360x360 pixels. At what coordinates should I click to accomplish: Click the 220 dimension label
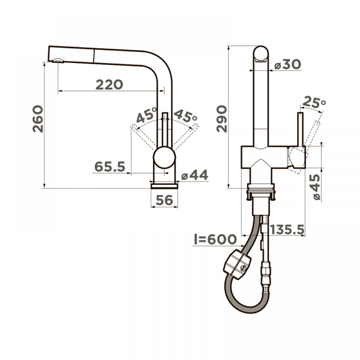pyautogui.click(x=109, y=85)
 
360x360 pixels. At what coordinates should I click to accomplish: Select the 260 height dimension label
pyautogui.click(x=38, y=119)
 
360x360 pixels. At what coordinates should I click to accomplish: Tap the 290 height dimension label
pyautogui.click(x=222, y=119)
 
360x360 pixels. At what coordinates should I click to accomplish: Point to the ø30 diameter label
pyautogui.click(x=288, y=64)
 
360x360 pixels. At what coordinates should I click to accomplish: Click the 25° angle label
pyautogui.click(x=314, y=103)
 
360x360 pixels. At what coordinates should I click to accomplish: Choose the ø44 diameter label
pyautogui.click(x=195, y=175)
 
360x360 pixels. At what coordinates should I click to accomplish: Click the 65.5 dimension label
pyautogui.click(x=110, y=166)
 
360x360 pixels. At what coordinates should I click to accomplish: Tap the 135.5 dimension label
pyautogui.click(x=287, y=229)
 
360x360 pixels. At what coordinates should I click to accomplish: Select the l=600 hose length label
pyautogui.click(x=215, y=239)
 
